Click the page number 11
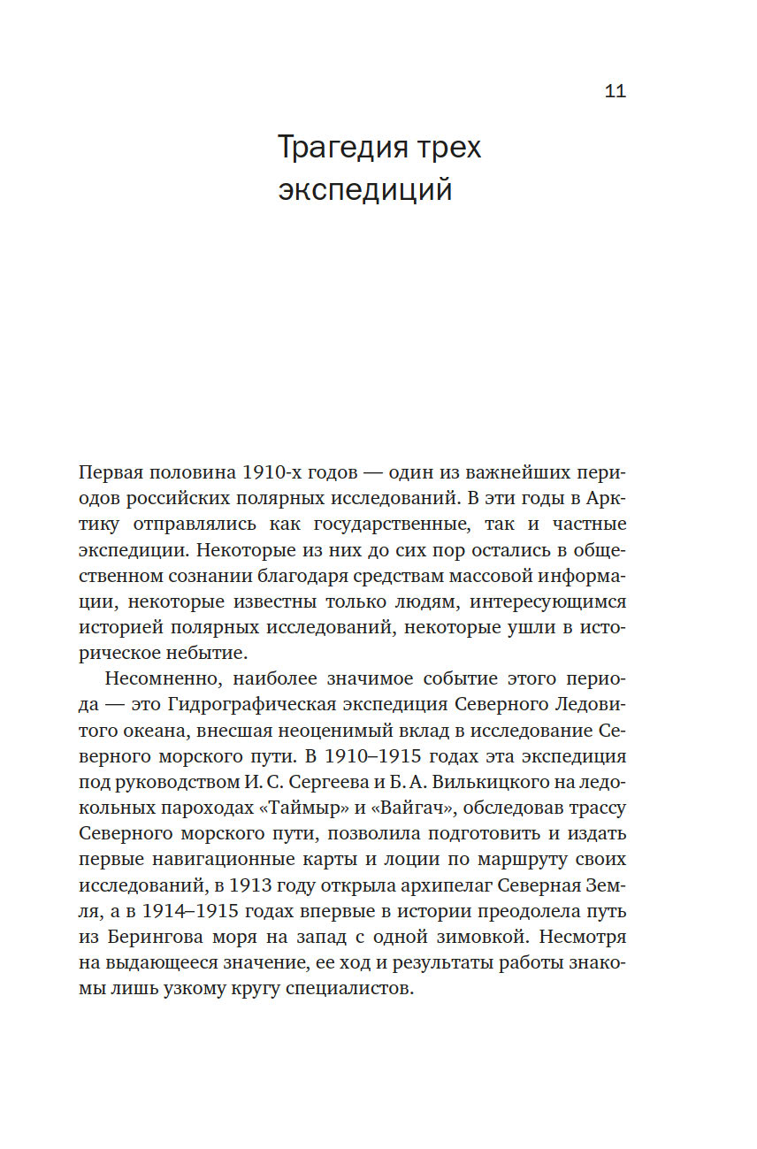click(x=616, y=92)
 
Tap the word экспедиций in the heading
click(x=365, y=189)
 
